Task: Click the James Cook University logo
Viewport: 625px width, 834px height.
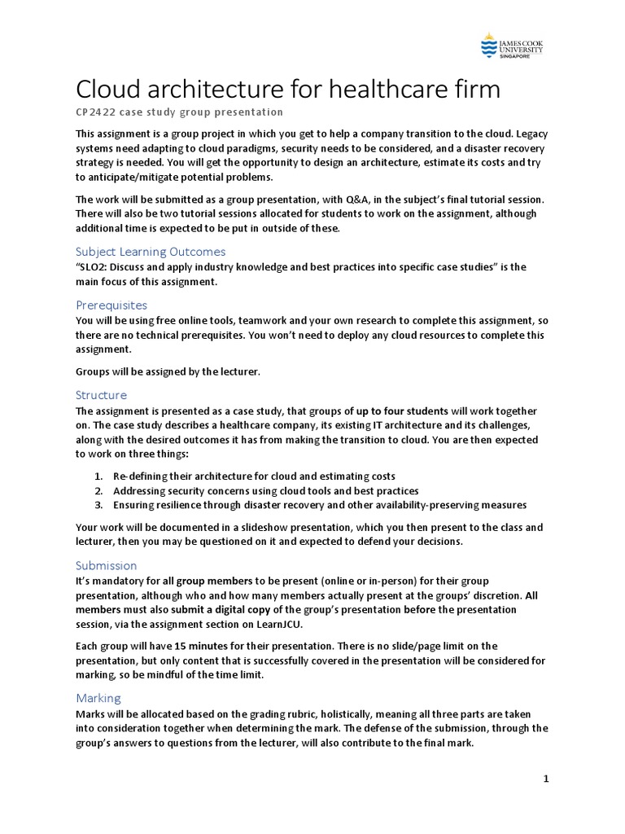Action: (512, 46)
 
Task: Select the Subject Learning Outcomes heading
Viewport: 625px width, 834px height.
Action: (151, 251)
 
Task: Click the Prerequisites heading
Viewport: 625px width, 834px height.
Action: (111, 305)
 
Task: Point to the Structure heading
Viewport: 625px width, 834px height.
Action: (102, 394)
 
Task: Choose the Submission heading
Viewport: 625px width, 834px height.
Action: (107, 565)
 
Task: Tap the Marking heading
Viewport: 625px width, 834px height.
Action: (98, 697)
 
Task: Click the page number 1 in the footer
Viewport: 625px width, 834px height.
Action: (546, 779)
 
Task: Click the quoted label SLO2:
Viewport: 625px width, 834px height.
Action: (94, 266)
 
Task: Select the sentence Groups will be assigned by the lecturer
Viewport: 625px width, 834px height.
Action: (167, 371)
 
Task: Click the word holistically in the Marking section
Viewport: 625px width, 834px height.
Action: (362, 713)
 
